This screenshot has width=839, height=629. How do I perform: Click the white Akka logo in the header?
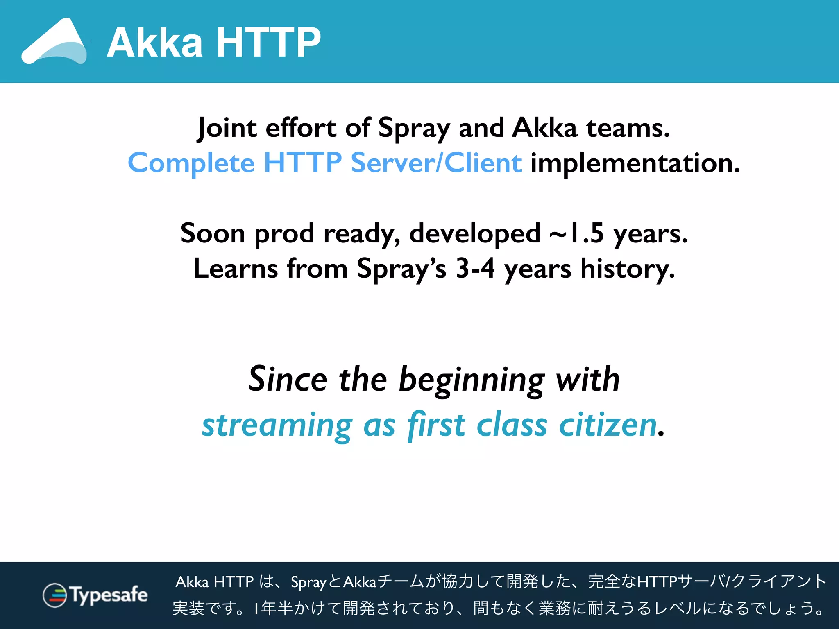click(54, 43)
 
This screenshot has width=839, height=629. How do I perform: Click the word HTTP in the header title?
click(268, 43)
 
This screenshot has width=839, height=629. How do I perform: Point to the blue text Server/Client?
click(436, 163)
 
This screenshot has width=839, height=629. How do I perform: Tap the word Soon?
click(213, 233)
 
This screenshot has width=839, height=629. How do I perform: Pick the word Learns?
click(235, 269)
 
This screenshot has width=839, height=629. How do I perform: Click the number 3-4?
click(475, 269)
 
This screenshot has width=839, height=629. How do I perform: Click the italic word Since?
click(288, 379)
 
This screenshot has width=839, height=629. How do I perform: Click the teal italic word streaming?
click(277, 426)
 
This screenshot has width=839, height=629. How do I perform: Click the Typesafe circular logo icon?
click(54, 595)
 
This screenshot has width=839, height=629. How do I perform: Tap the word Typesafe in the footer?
click(109, 595)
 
